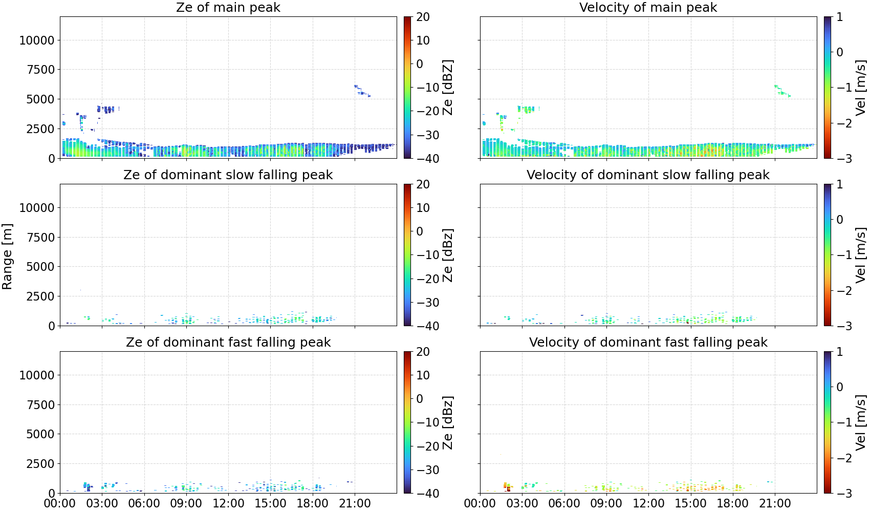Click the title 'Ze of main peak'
(x=228, y=7)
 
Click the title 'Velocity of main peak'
(x=648, y=7)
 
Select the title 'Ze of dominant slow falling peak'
(x=228, y=175)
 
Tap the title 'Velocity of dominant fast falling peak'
(x=648, y=342)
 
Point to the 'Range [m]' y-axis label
(x=7, y=257)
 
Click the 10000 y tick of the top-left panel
(x=37, y=40)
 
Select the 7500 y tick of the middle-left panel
(x=41, y=237)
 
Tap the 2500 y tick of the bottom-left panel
(x=41, y=463)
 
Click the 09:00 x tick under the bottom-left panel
(x=186, y=503)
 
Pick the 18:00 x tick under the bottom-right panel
(x=732, y=503)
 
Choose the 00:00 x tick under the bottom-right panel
(x=480, y=503)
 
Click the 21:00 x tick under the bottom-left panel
(x=355, y=503)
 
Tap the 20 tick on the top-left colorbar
(x=423, y=17)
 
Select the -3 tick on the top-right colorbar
(x=840, y=159)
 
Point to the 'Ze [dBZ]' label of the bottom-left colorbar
(x=448, y=422)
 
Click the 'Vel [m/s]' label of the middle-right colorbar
(x=861, y=255)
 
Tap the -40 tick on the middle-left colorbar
(x=426, y=326)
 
